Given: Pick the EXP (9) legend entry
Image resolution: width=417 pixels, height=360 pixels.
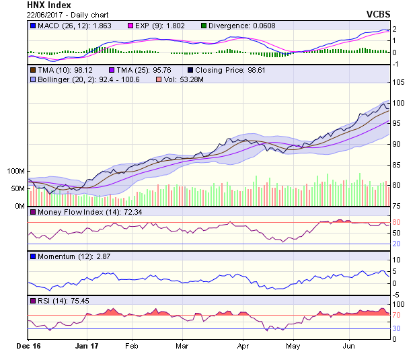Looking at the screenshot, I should click(155, 26).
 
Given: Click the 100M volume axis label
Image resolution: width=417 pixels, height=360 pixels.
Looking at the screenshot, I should click(16, 172).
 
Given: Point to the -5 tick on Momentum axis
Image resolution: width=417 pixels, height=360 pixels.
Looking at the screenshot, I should click(396, 295).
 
